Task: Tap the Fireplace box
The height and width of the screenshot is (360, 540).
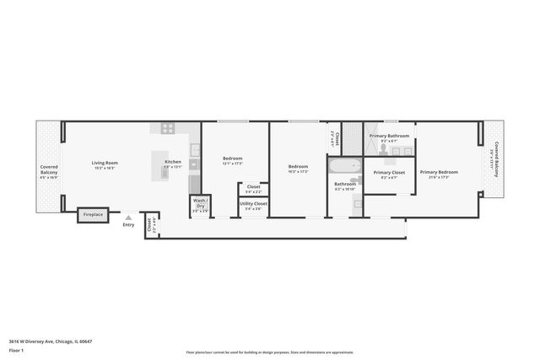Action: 93,216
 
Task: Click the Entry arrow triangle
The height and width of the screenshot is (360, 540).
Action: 128,218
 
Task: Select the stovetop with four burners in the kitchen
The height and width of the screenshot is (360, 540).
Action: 167,129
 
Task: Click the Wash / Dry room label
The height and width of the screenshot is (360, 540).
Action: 201,204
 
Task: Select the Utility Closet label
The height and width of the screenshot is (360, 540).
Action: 254,203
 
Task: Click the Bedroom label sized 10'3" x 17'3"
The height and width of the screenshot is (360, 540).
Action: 298,167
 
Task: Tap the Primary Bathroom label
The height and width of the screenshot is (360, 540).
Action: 389,136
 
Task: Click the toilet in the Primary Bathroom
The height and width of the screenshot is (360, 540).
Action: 382,150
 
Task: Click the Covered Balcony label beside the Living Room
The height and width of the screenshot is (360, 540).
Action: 50,172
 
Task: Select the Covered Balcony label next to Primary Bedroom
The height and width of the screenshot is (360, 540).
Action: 498,156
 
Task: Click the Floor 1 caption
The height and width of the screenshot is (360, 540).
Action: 17,349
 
